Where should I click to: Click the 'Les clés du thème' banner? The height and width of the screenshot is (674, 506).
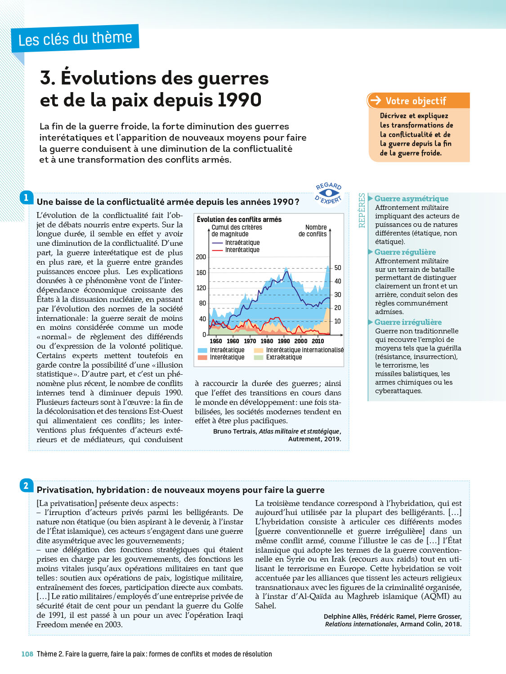tap(75, 39)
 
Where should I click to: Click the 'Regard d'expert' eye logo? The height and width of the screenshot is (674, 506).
tap(329, 193)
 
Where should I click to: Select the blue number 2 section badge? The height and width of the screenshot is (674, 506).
tap(26, 485)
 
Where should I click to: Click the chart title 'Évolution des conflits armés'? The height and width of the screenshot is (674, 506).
tap(239, 219)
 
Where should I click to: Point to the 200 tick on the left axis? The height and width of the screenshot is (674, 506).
tap(201, 257)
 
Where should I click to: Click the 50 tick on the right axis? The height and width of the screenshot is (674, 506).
tap(338, 268)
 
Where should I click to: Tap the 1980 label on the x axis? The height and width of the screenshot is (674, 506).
tap(267, 341)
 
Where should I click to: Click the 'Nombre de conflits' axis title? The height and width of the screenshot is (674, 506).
tap(313, 231)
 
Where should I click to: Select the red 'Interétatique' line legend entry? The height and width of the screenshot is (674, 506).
tap(242, 250)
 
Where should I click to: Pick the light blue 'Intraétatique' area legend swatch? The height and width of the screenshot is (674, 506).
tap(202, 350)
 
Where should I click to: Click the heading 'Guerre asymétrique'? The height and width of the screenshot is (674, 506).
tap(411, 199)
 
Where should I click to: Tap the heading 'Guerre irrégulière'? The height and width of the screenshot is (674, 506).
tap(408, 322)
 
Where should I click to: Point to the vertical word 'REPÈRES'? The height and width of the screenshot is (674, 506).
tap(362, 210)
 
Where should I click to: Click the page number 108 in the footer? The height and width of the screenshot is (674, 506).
tap(27, 654)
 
